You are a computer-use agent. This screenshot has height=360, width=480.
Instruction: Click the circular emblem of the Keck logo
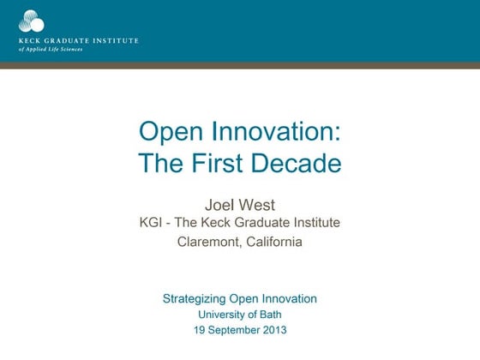point(32,20)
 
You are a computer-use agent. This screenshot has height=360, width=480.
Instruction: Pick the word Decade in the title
point(301,162)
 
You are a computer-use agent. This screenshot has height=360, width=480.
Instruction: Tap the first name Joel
point(219,204)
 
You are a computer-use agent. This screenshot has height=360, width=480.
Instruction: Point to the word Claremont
point(207,242)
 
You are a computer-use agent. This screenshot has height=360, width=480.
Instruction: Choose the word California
point(273,242)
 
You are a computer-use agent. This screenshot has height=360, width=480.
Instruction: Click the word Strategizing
point(194,299)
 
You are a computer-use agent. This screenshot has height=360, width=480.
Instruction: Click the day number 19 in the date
point(199,330)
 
